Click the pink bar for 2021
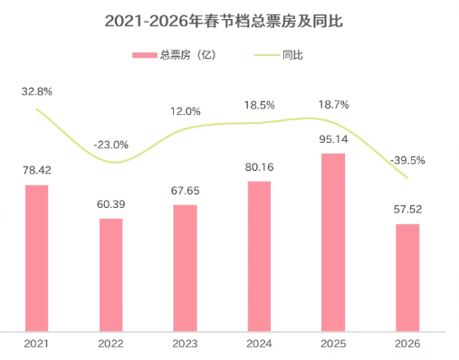(37, 258)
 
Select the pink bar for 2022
(111, 274)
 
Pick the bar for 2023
(186, 268)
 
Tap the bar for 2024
(259, 256)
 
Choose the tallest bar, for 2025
(333, 242)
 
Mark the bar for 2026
(407, 277)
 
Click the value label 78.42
(37, 169)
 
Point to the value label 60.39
(111, 204)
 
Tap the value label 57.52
(407, 209)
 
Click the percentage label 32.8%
(37, 91)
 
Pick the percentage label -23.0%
(111, 144)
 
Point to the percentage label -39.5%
(407, 160)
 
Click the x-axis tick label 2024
(259, 344)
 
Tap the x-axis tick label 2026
(407, 344)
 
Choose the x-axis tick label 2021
(37, 344)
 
